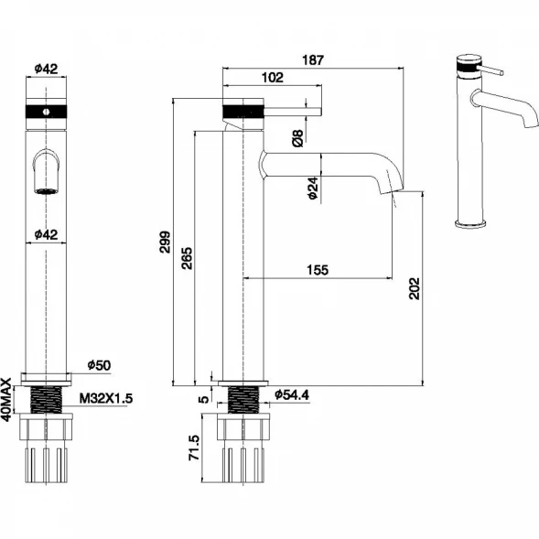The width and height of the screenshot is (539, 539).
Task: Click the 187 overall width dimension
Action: click(313, 60)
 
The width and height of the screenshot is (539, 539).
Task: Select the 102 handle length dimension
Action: click(273, 78)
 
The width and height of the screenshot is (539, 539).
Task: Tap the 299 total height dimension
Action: click(165, 242)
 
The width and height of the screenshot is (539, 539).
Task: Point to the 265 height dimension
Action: click(187, 258)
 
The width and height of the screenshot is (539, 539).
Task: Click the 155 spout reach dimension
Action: click(318, 270)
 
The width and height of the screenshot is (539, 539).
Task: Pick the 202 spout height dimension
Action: click(415, 288)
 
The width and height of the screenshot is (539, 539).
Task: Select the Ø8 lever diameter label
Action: click(298, 138)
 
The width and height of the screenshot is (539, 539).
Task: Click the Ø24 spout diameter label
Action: click(313, 188)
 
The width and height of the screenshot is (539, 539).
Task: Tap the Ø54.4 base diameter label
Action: click(292, 395)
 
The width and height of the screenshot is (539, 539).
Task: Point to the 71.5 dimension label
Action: click(194, 447)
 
